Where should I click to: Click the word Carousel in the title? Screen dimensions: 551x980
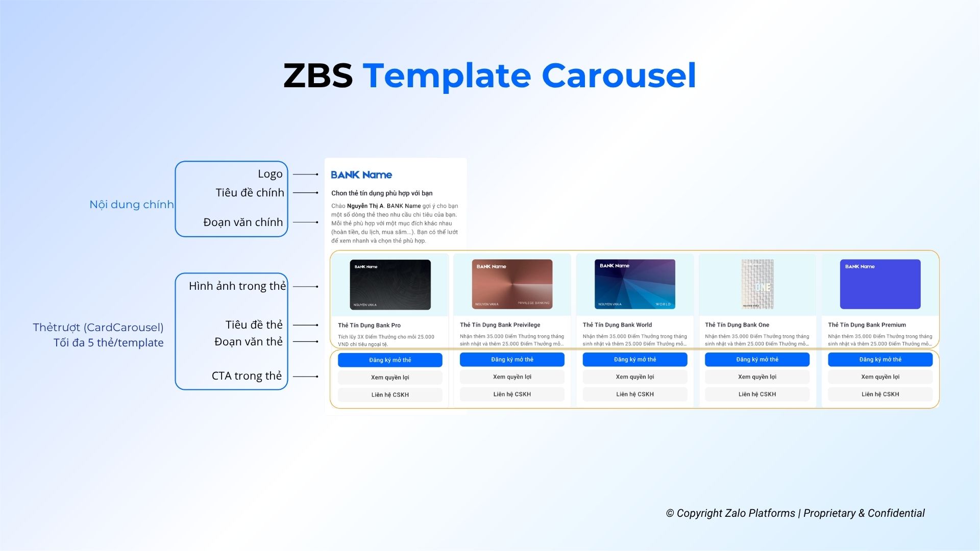tap(619, 76)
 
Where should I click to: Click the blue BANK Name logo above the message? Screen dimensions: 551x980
tap(361, 175)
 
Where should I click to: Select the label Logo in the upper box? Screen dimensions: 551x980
tap(270, 174)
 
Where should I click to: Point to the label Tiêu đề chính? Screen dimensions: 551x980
tap(250, 193)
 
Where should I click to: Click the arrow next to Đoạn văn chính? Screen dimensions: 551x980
tap(306, 222)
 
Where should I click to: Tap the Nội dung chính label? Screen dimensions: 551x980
tap(131, 205)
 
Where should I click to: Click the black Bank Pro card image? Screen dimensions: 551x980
tap(390, 285)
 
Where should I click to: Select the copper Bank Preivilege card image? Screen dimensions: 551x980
tap(512, 284)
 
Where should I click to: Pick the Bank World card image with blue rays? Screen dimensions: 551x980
tap(634, 284)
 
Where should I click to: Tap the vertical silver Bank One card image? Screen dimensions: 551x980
tap(757, 284)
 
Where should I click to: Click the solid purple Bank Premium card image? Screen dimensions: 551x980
tap(880, 284)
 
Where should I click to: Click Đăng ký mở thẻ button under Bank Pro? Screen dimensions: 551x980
tap(390, 360)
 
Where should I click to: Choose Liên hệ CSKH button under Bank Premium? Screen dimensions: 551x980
tap(880, 394)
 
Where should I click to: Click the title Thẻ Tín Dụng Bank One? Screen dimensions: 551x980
tap(737, 325)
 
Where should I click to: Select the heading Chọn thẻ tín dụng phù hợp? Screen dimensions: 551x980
tap(381, 193)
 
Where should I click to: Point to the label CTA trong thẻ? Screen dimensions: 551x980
tap(247, 376)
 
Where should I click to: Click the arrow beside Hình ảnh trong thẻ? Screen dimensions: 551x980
tap(306, 287)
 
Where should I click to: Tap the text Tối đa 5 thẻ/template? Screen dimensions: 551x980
tap(108, 343)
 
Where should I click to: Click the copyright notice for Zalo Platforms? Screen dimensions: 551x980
tap(795, 513)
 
